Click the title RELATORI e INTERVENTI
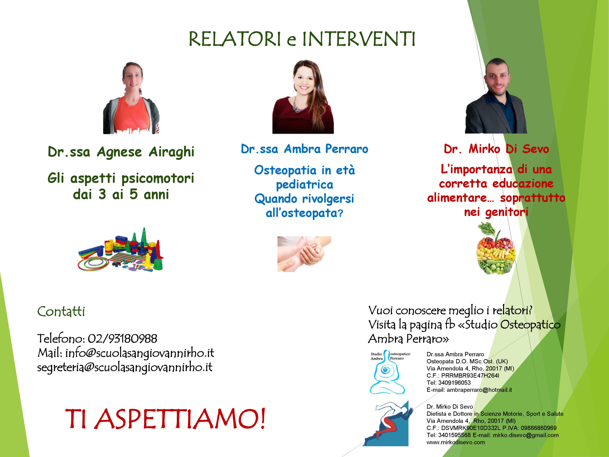tap(302, 39)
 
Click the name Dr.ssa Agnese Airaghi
tap(121, 152)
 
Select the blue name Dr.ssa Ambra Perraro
tap(304, 149)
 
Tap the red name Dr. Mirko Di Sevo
tap(496, 149)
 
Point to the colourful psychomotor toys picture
tap(121, 249)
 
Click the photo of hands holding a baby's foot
tap(304, 254)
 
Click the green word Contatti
tap(61, 312)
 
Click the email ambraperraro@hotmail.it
tap(479, 390)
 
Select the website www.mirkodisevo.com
tap(456, 442)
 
